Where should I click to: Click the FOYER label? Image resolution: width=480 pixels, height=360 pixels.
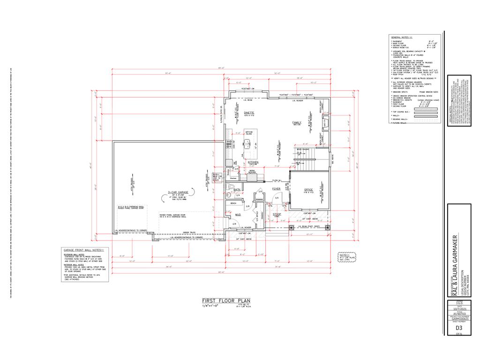[277, 189]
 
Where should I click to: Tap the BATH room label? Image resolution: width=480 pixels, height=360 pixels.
[231, 189]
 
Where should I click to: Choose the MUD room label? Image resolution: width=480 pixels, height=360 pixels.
[238, 214]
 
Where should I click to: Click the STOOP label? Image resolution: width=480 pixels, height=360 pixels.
[277, 214]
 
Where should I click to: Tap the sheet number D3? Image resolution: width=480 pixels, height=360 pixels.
[459, 328]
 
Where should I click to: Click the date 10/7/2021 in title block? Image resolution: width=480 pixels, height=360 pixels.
[459, 310]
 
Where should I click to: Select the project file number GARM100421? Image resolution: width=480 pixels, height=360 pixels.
[459, 319]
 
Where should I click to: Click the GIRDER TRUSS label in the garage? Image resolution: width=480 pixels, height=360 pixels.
[189, 232]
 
